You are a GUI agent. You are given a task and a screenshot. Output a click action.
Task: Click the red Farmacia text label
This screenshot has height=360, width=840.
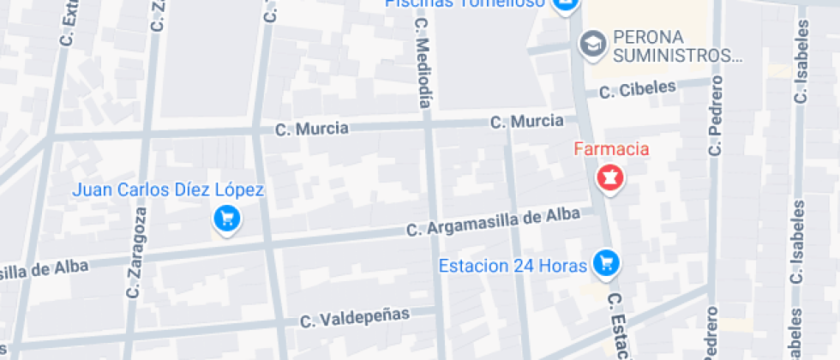click(x=611, y=150)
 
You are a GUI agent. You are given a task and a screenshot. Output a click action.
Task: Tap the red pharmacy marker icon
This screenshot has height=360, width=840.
click(x=610, y=179)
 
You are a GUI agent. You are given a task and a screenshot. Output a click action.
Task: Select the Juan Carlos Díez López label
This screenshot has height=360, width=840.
click(x=168, y=190)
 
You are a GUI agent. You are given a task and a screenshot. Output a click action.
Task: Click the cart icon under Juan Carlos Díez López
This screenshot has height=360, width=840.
click(x=227, y=219)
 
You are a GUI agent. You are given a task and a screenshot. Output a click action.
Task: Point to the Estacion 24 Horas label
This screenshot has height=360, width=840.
click(x=513, y=266)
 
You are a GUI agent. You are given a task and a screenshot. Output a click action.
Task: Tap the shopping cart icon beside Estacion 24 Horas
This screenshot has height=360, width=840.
click(x=607, y=263)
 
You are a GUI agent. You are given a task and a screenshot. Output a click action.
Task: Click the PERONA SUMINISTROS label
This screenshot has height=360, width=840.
click(x=676, y=47)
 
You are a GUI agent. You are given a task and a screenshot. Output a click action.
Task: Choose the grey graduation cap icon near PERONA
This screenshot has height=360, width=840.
click(x=591, y=41)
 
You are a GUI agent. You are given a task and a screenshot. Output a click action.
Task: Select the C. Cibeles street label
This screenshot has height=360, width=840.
click(x=637, y=89)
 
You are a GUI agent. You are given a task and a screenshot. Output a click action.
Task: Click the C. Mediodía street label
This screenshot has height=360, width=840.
click(x=423, y=63)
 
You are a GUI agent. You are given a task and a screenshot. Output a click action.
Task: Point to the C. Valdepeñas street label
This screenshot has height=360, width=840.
click(x=355, y=318)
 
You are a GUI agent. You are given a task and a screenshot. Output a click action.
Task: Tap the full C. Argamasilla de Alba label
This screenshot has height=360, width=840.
click(x=493, y=223)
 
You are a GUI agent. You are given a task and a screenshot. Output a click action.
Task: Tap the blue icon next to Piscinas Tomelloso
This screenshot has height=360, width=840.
click(x=563, y=4)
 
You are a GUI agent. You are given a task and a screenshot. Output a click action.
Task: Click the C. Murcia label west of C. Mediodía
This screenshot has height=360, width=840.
click(x=312, y=129)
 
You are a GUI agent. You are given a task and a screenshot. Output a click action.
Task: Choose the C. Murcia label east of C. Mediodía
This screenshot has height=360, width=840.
click(x=527, y=122)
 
